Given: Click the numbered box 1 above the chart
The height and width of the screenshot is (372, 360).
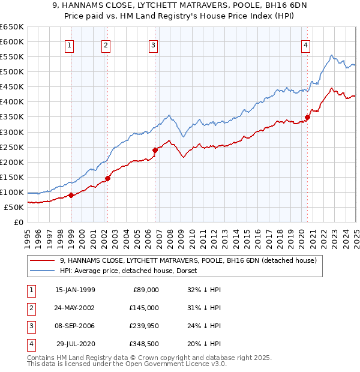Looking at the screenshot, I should coord(70,44).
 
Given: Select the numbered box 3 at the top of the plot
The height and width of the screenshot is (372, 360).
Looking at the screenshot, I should coord(154,44).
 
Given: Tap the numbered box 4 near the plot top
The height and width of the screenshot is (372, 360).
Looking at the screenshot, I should coord(306,44).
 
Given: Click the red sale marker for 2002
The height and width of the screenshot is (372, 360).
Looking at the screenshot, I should coord(108,178).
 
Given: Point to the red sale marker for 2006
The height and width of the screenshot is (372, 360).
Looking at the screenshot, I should coord(155,149).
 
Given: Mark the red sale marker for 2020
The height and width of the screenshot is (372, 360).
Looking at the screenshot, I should coord(307,117).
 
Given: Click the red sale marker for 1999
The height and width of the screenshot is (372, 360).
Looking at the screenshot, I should coord(71,195).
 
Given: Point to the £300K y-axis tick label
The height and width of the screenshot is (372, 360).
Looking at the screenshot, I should coord(12,132).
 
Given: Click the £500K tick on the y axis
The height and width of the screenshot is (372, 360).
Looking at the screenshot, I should coord(12,71).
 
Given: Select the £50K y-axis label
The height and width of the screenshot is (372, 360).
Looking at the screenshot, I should coord(14,207).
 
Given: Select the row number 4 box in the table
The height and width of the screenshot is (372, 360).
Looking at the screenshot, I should coord(30,344).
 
